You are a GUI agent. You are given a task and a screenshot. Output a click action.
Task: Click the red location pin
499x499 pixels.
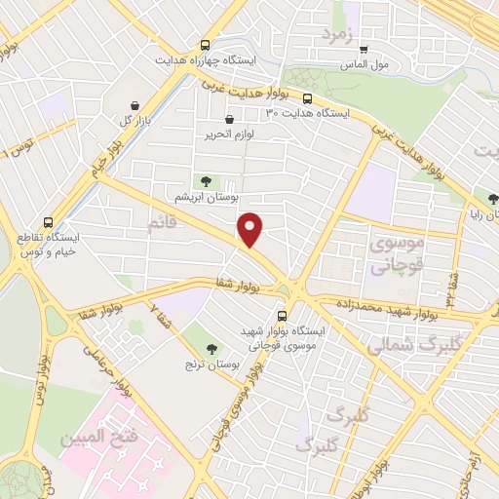250,229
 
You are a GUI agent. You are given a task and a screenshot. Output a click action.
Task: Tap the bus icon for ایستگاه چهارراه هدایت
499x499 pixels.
205,45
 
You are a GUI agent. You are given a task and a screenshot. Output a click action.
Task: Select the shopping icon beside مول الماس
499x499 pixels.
364,50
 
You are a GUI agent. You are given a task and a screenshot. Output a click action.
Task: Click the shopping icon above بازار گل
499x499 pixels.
134,104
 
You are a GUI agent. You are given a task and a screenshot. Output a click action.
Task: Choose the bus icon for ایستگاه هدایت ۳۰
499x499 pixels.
308,98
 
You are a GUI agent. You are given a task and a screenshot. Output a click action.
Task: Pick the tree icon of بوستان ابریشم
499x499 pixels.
206,181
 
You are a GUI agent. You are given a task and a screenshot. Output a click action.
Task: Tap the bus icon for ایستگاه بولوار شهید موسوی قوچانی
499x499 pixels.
283,316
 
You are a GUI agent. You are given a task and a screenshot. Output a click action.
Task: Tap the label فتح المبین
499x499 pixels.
93,440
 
